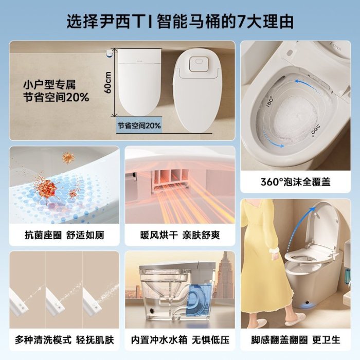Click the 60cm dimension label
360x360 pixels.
click(108, 82)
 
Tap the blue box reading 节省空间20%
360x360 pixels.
click(139, 125)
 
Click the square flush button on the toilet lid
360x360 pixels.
click(199, 64)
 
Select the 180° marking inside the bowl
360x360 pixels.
click(270, 102)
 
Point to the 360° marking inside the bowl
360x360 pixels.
click(315, 131)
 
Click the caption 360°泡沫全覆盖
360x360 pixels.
click(296, 182)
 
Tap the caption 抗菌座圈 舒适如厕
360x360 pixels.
click(64, 235)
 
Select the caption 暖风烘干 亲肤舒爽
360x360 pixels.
click(180, 235)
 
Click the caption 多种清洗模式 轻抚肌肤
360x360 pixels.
click(64, 340)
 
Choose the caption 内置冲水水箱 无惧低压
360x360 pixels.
click(180, 340)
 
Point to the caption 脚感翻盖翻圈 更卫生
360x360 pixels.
click(296, 340)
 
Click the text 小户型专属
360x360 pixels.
click(49, 85)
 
